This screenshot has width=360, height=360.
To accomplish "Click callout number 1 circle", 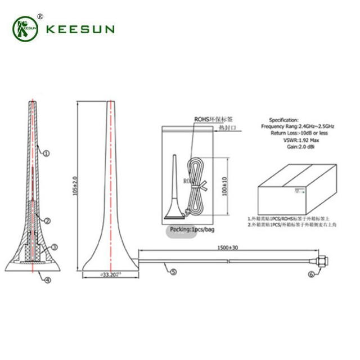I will tap(47, 152).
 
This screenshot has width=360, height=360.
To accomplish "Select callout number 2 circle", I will tap(48, 220).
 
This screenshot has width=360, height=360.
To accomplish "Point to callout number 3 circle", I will tap(55, 246).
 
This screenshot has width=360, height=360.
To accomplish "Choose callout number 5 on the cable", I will tap(173, 272).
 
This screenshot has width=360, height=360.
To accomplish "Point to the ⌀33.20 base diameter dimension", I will tap(110, 275).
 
